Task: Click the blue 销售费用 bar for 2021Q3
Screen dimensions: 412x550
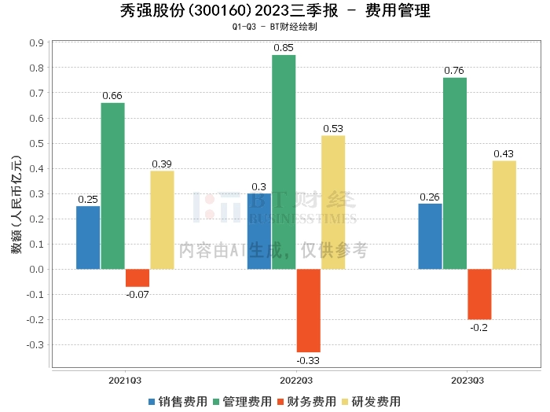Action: coord(88,237)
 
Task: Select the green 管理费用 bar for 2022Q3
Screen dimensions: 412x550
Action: coord(284,162)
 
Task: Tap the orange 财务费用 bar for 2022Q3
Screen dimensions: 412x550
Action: coord(308,311)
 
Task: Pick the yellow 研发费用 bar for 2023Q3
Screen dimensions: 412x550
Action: coord(504,215)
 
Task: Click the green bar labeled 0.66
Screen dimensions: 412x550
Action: coord(112,186)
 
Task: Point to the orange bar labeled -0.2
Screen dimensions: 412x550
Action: coord(479,294)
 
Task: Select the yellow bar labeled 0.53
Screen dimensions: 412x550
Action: coord(333,202)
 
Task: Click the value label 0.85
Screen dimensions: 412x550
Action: coord(284,48)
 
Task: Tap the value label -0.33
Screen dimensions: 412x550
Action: coord(308,361)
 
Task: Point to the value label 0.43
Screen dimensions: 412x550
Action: coord(504,153)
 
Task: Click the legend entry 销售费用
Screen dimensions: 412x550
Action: coord(178,402)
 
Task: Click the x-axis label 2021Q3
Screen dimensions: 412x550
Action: coord(125,380)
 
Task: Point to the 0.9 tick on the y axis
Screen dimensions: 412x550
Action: coord(36,42)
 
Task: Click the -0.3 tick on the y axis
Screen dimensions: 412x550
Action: coord(35,344)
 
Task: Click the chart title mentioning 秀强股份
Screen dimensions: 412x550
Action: coord(275,11)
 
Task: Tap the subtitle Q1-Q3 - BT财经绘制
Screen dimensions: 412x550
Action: coord(275,26)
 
